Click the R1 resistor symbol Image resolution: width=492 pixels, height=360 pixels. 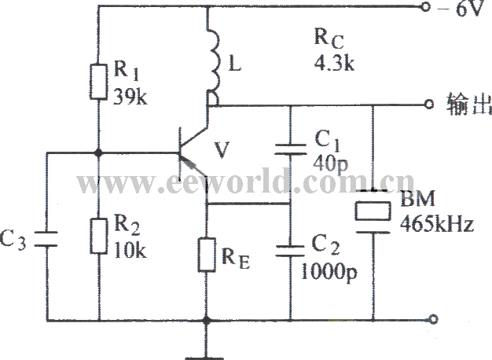click(98, 82)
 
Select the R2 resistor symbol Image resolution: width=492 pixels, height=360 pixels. click(98, 236)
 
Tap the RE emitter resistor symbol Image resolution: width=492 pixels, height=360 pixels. click(207, 255)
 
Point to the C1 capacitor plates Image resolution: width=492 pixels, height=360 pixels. click(290, 149)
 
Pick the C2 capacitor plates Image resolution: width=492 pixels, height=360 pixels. click(290, 252)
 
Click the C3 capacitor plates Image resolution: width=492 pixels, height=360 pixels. click(46, 238)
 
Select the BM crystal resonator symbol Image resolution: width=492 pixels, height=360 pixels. click(373, 211)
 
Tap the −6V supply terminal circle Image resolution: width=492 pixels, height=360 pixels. click(425, 8)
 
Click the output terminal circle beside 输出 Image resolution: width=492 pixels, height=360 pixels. click(428, 105)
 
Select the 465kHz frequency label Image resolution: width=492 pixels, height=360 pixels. click(437, 224)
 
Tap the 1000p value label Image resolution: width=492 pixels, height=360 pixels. click(329, 272)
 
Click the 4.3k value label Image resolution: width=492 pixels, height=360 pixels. click(334, 63)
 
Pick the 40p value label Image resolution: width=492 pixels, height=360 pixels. click(330, 163)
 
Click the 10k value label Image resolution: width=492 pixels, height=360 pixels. click(130, 250)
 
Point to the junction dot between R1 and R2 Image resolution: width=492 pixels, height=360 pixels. click(98, 152)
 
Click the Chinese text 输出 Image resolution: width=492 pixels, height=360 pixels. click(468, 104)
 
